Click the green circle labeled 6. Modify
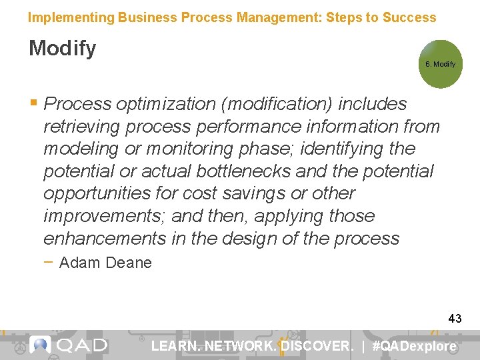[440, 65]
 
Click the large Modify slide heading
[62, 49]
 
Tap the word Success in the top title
[409, 17]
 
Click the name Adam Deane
[105, 263]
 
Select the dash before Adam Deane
[50, 262]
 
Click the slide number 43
[455, 319]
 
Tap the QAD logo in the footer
[69, 345]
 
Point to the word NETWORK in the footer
[239, 346]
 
